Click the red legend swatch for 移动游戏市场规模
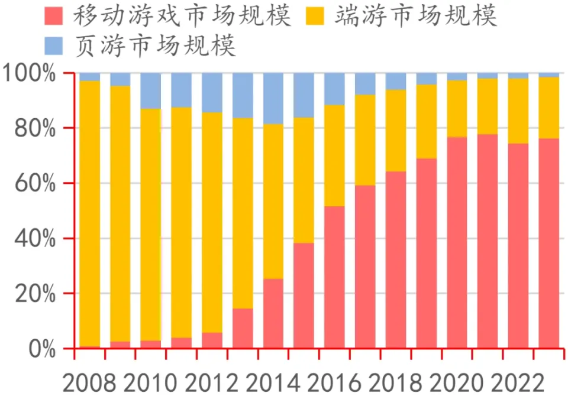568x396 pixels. (x=55, y=17)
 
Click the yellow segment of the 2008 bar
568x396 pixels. (x=90, y=213)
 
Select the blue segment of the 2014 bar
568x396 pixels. (x=273, y=98)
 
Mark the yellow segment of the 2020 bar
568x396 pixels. (x=457, y=108)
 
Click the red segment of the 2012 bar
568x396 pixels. (x=212, y=340)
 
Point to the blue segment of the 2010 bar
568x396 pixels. (x=151, y=90)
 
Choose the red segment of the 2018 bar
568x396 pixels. (x=395, y=260)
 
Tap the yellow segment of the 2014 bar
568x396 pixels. (x=273, y=201)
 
